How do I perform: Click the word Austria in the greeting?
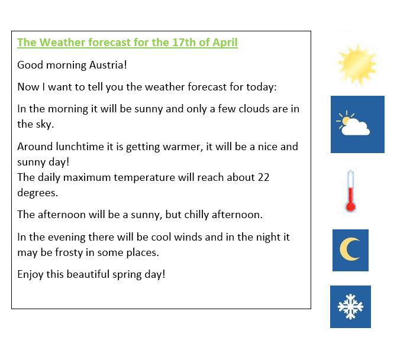(108, 65)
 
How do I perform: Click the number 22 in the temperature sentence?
(264, 177)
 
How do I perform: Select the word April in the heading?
(225, 43)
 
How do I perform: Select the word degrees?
(37, 193)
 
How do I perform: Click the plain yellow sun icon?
(357, 64)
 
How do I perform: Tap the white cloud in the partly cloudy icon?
(356, 127)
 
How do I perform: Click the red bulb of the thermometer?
(350, 207)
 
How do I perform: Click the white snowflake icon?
(350, 307)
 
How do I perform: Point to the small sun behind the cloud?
(345, 120)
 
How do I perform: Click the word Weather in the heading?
(63, 43)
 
